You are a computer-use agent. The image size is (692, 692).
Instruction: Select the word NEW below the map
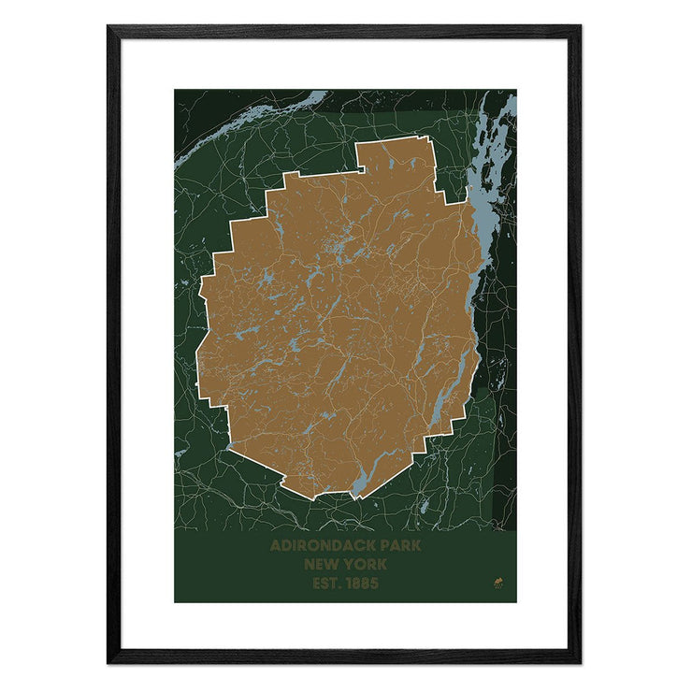click(x=318, y=565)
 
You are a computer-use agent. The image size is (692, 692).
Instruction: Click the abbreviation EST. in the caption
click(x=324, y=584)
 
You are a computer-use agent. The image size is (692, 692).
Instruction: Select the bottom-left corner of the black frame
click(x=109, y=661)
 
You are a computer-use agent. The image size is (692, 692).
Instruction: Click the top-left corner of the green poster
click(x=175, y=90)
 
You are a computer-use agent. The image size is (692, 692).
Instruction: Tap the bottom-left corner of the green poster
click(x=175, y=601)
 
